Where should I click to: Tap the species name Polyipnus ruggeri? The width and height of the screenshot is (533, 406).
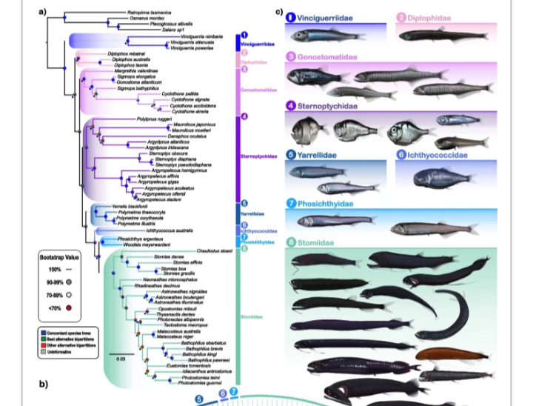click(x=153, y=119)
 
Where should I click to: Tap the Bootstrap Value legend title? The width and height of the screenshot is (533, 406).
click(x=58, y=256)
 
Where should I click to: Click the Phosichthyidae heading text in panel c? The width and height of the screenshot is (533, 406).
click(x=325, y=203)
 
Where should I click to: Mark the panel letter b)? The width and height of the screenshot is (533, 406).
click(x=44, y=384)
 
